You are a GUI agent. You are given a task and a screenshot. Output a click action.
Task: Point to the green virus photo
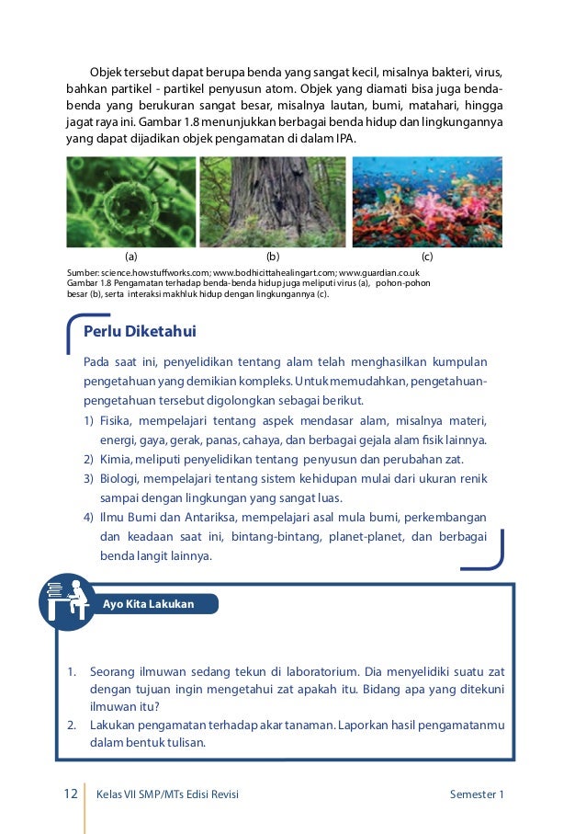click(x=131, y=201)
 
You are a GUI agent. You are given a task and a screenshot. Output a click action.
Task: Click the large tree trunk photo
click(x=272, y=201)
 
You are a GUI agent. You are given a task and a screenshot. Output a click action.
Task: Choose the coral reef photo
click(x=427, y=201)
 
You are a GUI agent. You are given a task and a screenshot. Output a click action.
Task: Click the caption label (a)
click(x=131, y=257)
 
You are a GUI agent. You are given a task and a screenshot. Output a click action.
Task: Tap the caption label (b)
click(x=272, y=257)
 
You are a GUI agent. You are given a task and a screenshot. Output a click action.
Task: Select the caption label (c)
click(x=427, y=257)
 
